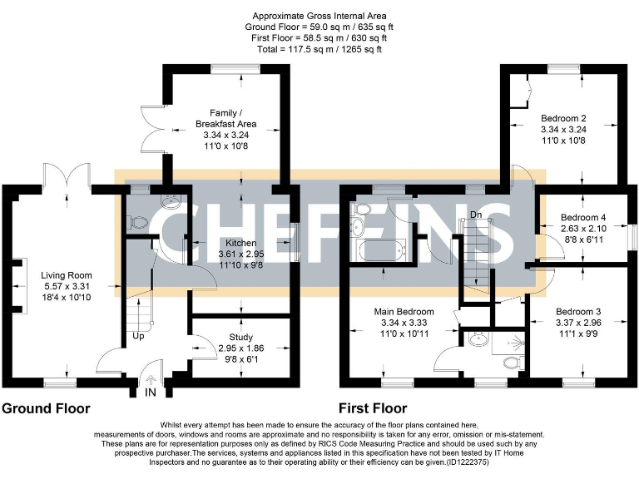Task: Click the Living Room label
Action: (x=66, y=275)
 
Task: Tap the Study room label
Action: (x=242, y=337)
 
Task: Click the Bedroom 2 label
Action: (x=563, y=118)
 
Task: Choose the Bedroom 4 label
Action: (x=582, y=218)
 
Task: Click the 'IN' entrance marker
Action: (x=151, y=392)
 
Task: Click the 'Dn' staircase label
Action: (x=477, y=215)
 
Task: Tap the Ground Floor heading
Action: (x=46, y=408)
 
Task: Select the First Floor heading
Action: (x=373, y=408)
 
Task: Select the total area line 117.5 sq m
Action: (x=319, y=49)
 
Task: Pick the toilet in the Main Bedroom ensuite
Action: (x=510, y=363)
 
